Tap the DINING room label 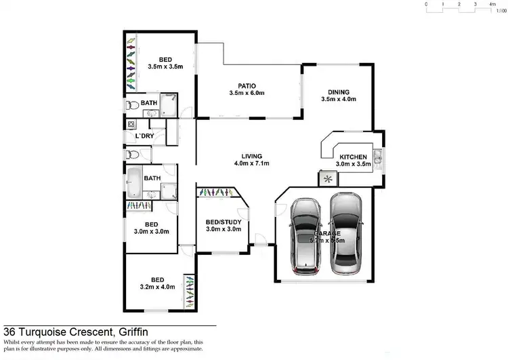pyautogui.click(x=338, y=92)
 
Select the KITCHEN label pyautogui.click(x=352, y=156)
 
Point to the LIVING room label pyautogui.click(x=251, y=155)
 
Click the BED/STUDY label pyautogui.click(x=223, y=222)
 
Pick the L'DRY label pyautogui.click(x=144, y=136)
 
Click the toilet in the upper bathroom pyautogui.click(x=133, y=106)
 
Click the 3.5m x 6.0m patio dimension pyautogui.click(x=247, y=93)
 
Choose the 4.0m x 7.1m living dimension pyautogui.click(x=251, y=163)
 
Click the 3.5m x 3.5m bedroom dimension pyautogui.click(x=165, y=66)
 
